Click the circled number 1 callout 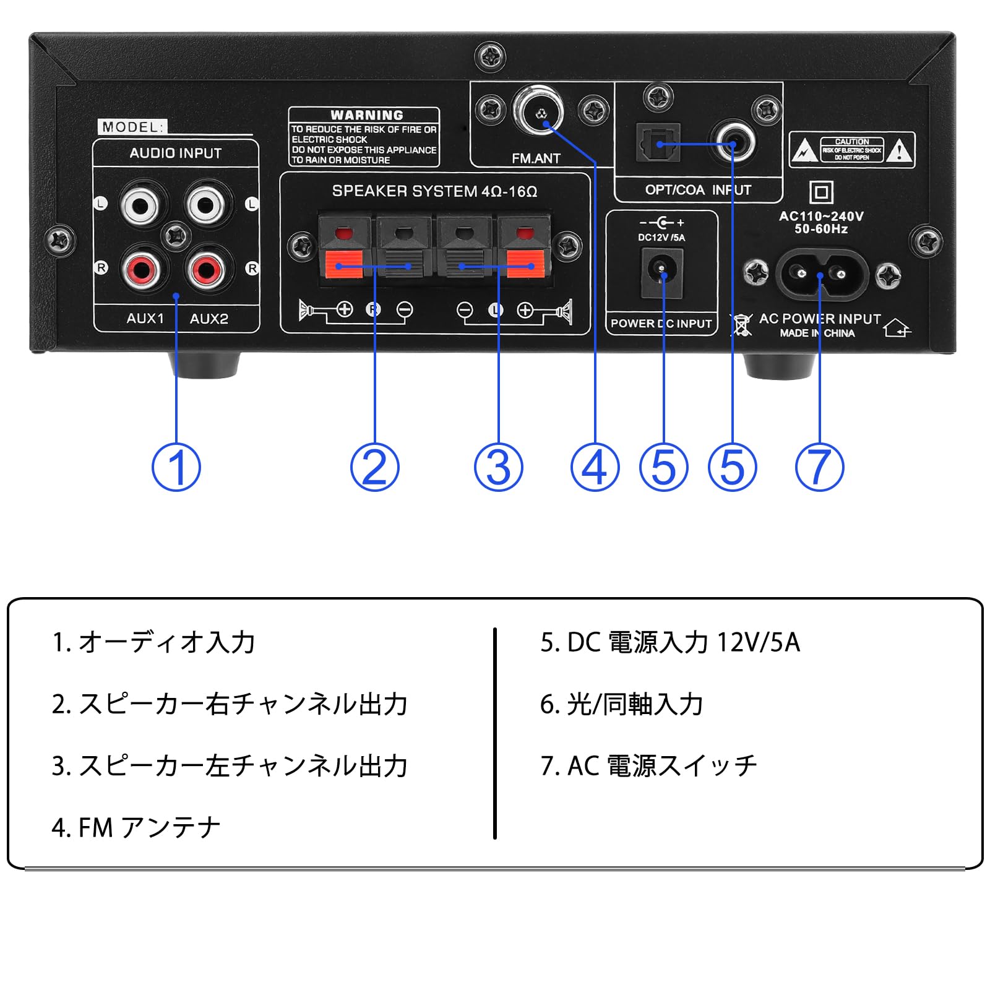coord(176,467)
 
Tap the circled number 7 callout coord(819,467)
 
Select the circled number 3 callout coord(498,467)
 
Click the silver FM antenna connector coord(539,112)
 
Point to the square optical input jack coord(658,144)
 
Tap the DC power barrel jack coord(661,269)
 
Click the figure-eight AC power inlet coord(819,273)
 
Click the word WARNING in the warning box coord(366,115)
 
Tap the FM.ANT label coord(536,158)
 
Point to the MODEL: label coord(132,127)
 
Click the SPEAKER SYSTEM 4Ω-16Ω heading coord(434,191)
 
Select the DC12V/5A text coord(661,238)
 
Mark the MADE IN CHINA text coord(817,333)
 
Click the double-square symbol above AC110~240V coord(821,192)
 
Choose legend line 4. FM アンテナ coord(136,827)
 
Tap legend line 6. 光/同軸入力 coord(621,704)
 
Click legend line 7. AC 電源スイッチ coord(648,766)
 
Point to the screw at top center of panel coord(490,57)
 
